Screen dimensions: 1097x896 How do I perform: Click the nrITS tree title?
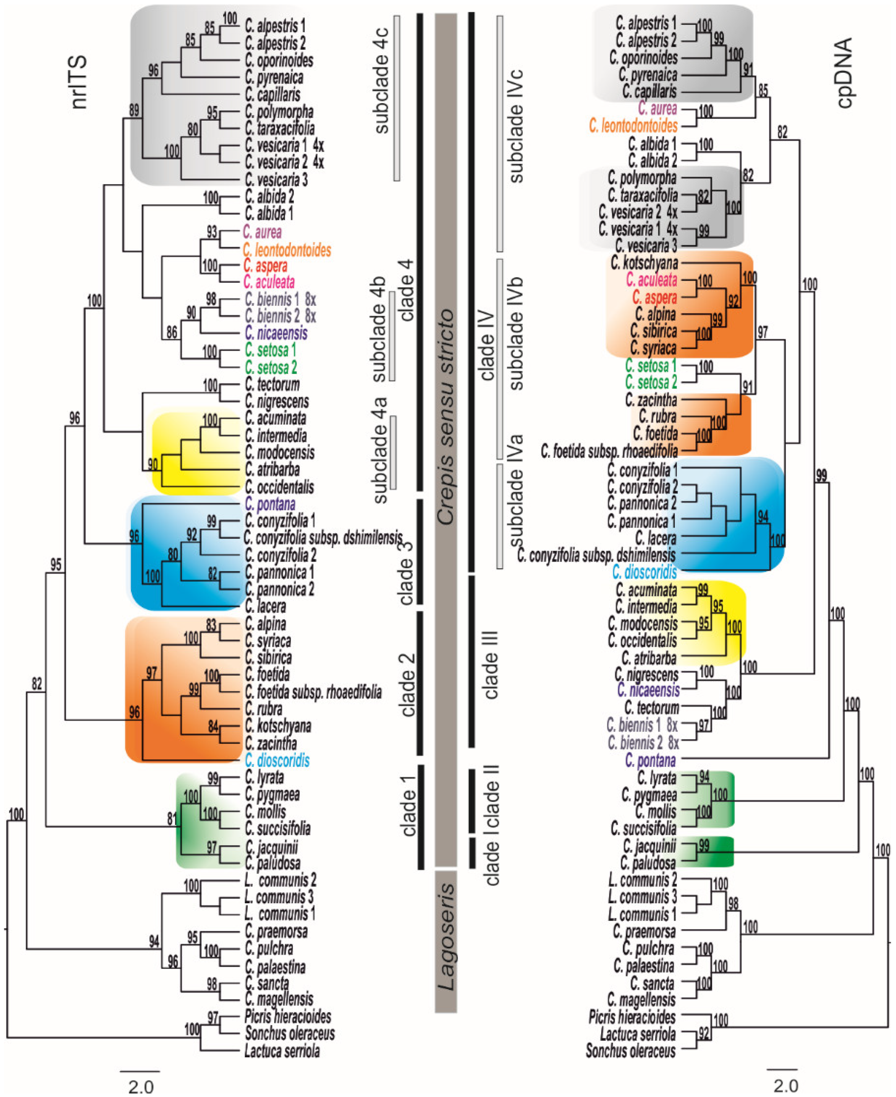tap(79, 83)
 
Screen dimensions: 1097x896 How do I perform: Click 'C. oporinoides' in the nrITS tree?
tap(279, 60)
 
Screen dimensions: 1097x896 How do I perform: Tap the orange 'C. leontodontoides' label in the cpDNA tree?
tap(633, 126)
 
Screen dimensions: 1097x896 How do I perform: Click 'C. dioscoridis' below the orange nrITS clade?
tap(277, 760)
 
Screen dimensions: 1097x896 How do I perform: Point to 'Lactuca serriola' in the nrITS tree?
tap(282, 1051)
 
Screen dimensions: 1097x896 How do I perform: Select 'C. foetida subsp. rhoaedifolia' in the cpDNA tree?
tap(609, 451)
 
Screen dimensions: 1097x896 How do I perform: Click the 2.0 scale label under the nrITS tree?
tap(140, 1086)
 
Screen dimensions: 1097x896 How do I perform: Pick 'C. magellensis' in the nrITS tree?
tap(279, 999)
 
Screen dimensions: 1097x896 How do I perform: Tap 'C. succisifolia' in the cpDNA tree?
tap(643, 828)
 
